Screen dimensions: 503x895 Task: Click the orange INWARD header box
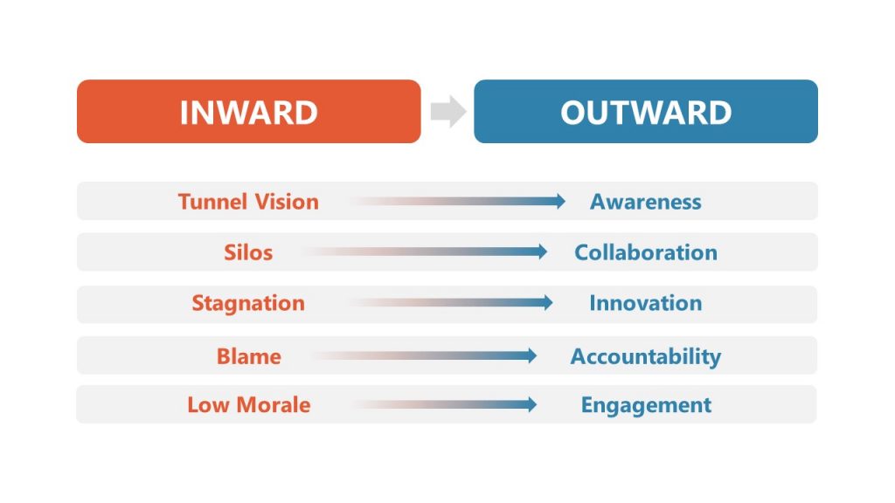click(248, 112)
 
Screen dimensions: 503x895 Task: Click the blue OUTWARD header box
click(645, 112)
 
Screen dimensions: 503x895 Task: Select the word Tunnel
click(210, 202)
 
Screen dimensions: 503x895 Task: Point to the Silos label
click(248, 252)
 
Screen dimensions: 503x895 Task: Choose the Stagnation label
click(248, 304)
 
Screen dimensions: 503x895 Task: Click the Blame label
click(248, 356)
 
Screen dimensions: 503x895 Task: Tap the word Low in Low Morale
click(205, 405)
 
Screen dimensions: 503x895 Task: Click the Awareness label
click(645, 202)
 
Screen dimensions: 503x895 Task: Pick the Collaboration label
click(645, 252)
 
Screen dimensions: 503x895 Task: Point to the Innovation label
click(645, 304)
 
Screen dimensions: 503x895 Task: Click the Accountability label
click(645, 356)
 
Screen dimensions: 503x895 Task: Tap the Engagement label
click(645, 405)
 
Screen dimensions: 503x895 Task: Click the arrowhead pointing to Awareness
click(559, 202)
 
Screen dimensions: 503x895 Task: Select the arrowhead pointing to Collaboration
click(541, 252)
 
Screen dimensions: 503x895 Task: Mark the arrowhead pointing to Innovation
click(546, 303)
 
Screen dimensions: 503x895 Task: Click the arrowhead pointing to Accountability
click(531, 355)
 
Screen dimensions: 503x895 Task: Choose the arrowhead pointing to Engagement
click(531, 404)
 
